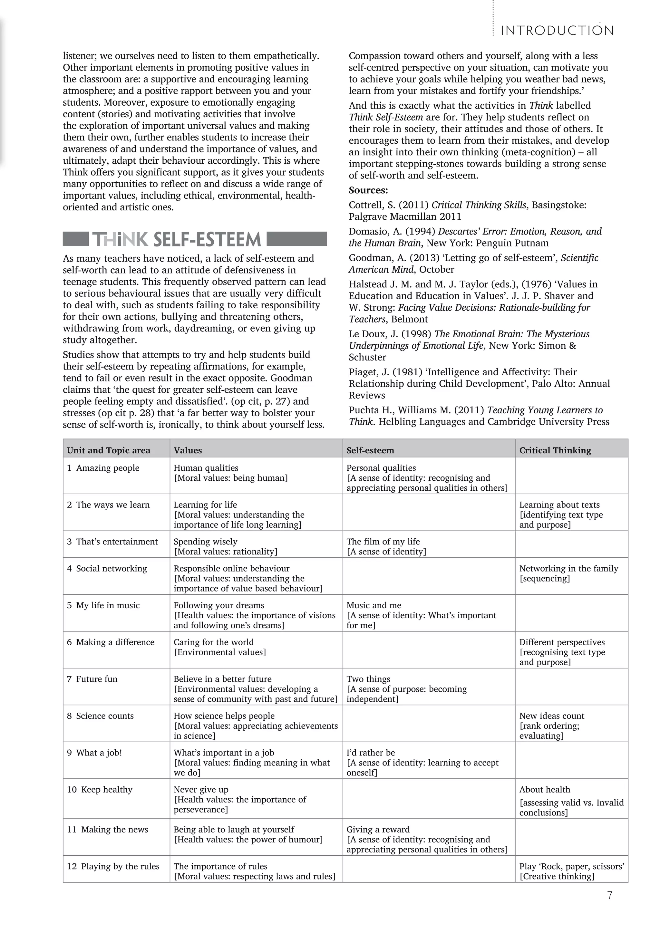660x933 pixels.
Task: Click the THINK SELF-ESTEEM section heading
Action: [x=177, y=239]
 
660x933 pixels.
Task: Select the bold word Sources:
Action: [x=368, y=190]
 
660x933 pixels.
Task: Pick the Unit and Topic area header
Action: [x=109, y=450]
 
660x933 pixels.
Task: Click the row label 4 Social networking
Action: [x=107, y=569]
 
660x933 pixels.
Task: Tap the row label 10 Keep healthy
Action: [x=100, y=790]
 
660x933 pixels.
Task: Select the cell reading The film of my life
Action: [x=383, y=542]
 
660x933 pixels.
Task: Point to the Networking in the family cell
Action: [x=568, y=569]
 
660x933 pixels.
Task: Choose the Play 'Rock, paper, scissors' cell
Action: [x=571, y=866]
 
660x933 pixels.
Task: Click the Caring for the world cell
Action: [x=213, y=642]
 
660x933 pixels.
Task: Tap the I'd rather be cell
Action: [x=370, y=753]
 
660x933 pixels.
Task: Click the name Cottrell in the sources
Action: [x=364, y=205]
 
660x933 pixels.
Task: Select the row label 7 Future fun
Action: [x=92, y=679]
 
